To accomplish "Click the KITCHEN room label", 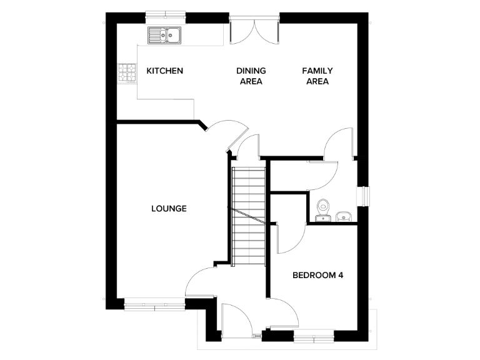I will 164,71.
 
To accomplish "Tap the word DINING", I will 251,71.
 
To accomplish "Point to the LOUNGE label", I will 169,208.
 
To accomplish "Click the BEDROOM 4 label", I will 318,275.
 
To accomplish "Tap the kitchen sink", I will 163,35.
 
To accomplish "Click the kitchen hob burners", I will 127,74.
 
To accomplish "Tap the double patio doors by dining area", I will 254,30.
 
